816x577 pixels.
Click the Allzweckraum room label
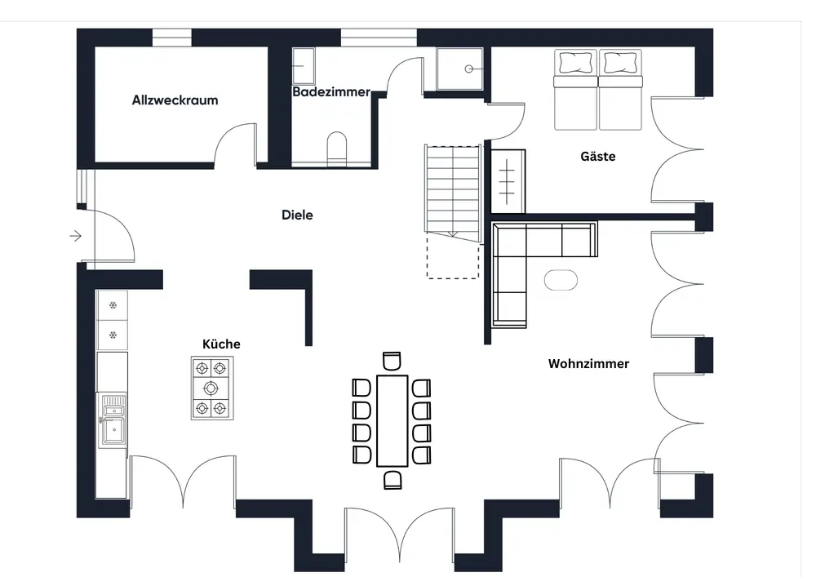175,100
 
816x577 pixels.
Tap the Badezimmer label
331,92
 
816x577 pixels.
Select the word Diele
297,215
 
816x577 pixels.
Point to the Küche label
221,344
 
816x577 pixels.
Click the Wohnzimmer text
588,363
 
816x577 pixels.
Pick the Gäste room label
597,156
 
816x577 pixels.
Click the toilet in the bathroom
336,147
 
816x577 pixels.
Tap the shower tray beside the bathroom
459,69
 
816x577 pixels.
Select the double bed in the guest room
599,90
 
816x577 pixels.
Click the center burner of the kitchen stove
211,388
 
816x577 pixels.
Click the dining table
392,419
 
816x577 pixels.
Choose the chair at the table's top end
392,361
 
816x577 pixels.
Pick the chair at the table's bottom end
392,479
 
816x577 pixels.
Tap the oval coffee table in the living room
561,280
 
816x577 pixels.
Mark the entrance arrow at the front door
76,237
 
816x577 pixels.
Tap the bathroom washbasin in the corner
304,64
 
